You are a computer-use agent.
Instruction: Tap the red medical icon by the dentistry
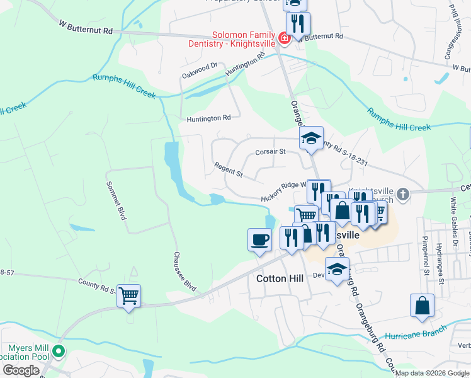point(284,38)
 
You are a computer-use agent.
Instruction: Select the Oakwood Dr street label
point(200,65)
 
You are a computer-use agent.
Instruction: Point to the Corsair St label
point(271,152)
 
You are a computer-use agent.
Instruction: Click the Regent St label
point(228,169)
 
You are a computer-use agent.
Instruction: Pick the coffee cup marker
point(259,239)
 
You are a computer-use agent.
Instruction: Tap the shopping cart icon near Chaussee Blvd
point(128,295)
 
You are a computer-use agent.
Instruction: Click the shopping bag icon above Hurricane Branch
point(422,306)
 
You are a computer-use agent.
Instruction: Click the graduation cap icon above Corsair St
point(311,138)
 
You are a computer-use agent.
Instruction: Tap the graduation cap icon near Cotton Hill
point(337,269)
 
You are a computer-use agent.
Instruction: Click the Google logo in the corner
point(21,370)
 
